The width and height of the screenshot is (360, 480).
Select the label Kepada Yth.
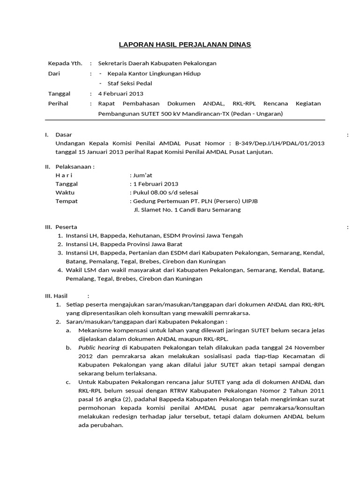65,63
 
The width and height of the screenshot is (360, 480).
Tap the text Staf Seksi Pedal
130,83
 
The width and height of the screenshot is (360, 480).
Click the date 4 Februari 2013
120,94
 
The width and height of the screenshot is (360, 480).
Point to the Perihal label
58,104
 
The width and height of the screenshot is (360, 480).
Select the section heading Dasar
64,135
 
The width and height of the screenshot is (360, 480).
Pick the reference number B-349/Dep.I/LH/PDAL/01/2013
280,143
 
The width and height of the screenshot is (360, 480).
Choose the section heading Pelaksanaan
75,166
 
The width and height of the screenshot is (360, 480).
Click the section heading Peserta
66,227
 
